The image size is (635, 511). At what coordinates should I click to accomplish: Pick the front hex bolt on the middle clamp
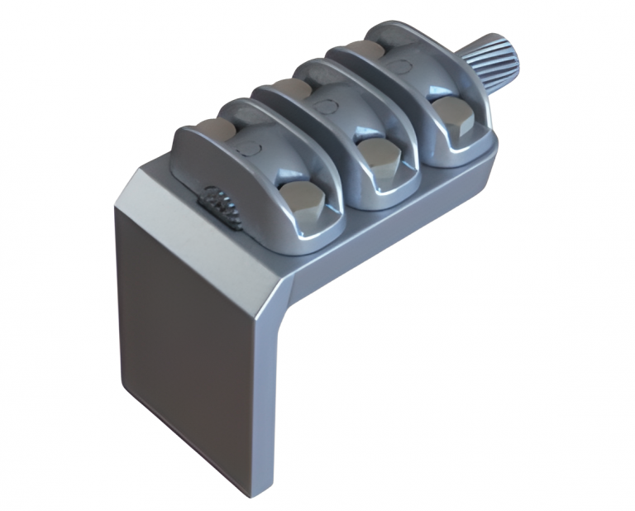380,155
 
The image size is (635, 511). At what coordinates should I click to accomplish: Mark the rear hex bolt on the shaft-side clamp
365,52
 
